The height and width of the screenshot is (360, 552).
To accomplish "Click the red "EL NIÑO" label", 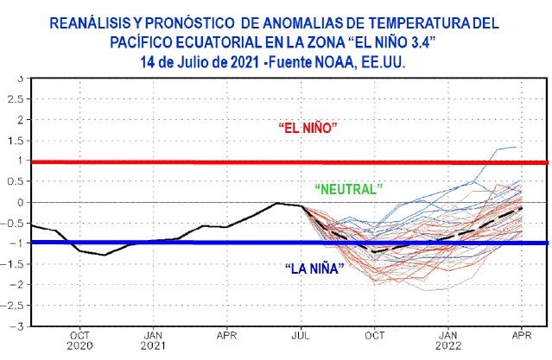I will pyautogui.click(x=307, y=128).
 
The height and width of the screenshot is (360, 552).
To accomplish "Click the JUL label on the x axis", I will pyautogui.click(x=301, y=335).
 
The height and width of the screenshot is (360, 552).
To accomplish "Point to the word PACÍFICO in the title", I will pyautogui.click(x=147, y=43).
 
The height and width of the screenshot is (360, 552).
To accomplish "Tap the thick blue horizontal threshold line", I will pyautogui.click(x=173, y=243).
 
